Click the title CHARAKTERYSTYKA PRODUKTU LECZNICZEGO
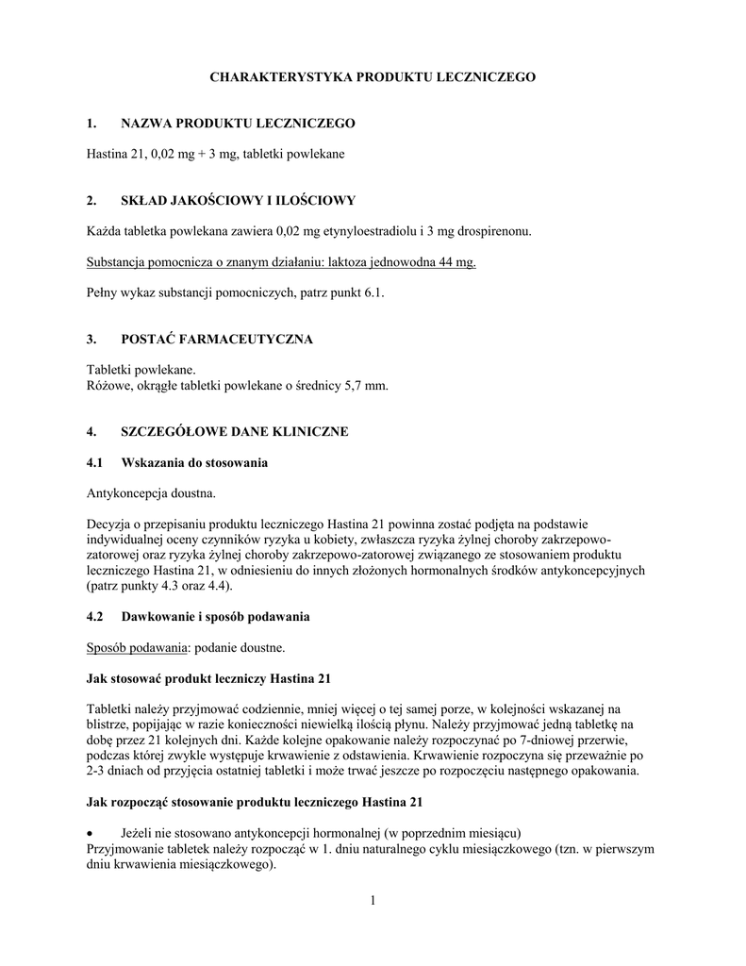click(372, 76)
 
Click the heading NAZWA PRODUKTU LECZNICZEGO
click(238, 124)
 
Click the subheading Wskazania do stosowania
click(194, 462)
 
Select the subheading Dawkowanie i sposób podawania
click(215, 616)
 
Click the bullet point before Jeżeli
click(91, 832)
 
